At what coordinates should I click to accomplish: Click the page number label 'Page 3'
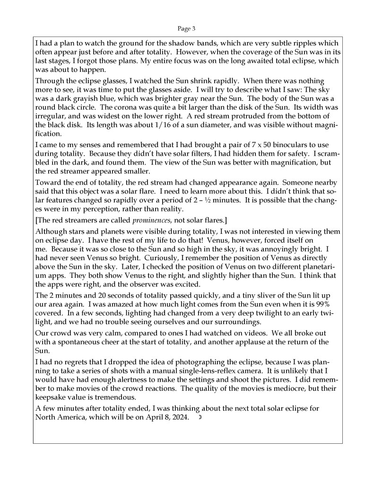click(x=186, y=28)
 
